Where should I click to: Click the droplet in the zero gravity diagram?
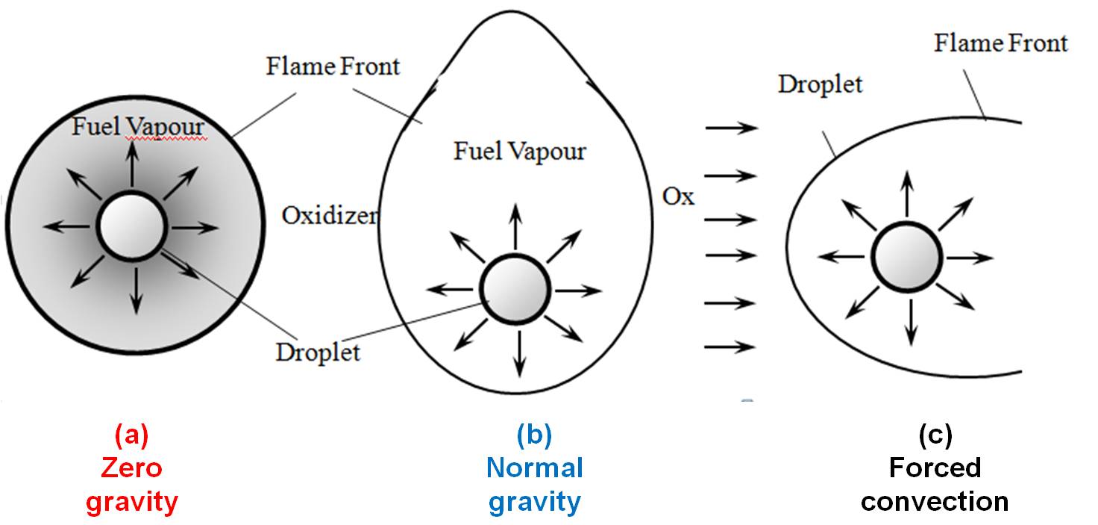(131, 226)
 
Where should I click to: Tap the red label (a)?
(132, 435)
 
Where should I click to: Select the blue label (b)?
(534, 435)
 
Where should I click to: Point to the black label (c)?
(934, 435)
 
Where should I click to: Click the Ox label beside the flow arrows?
(678, 196)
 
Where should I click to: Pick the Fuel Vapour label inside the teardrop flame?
(520, 152)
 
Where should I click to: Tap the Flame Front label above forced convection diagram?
(1000, 43)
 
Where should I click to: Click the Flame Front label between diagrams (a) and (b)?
(333, 66)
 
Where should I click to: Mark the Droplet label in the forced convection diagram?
(820, 84)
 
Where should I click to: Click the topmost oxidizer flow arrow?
(731, 128)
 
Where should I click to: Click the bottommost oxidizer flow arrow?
(731, 347)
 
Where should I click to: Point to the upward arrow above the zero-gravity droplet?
(132, 164)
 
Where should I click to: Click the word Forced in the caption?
(934, 468)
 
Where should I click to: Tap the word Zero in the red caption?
(132, 468)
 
